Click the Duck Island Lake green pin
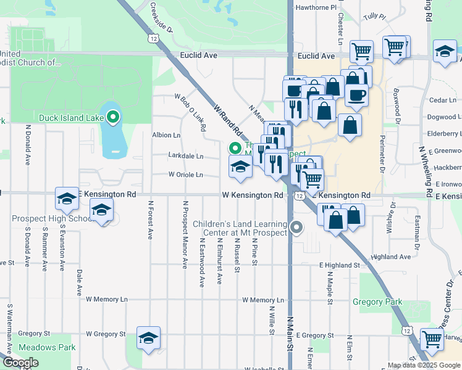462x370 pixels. click(112, 116)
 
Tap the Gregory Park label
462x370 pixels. click(377, 302)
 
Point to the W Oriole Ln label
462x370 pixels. click(185, 175)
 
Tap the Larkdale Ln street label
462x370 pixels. click(186, 157)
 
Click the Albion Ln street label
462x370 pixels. click(166, 135)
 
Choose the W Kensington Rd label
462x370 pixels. click(253, 195)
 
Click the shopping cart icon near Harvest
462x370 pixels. click(432, 339)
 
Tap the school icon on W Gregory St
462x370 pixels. click(148, 337)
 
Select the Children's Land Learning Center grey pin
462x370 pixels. click(297, 228)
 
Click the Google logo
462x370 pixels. click(20, 363)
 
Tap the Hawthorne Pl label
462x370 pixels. click(316, 7)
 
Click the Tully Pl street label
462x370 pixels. click(374, 17)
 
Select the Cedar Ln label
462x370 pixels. click(442, 100)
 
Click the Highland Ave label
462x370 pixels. click(392, 257)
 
